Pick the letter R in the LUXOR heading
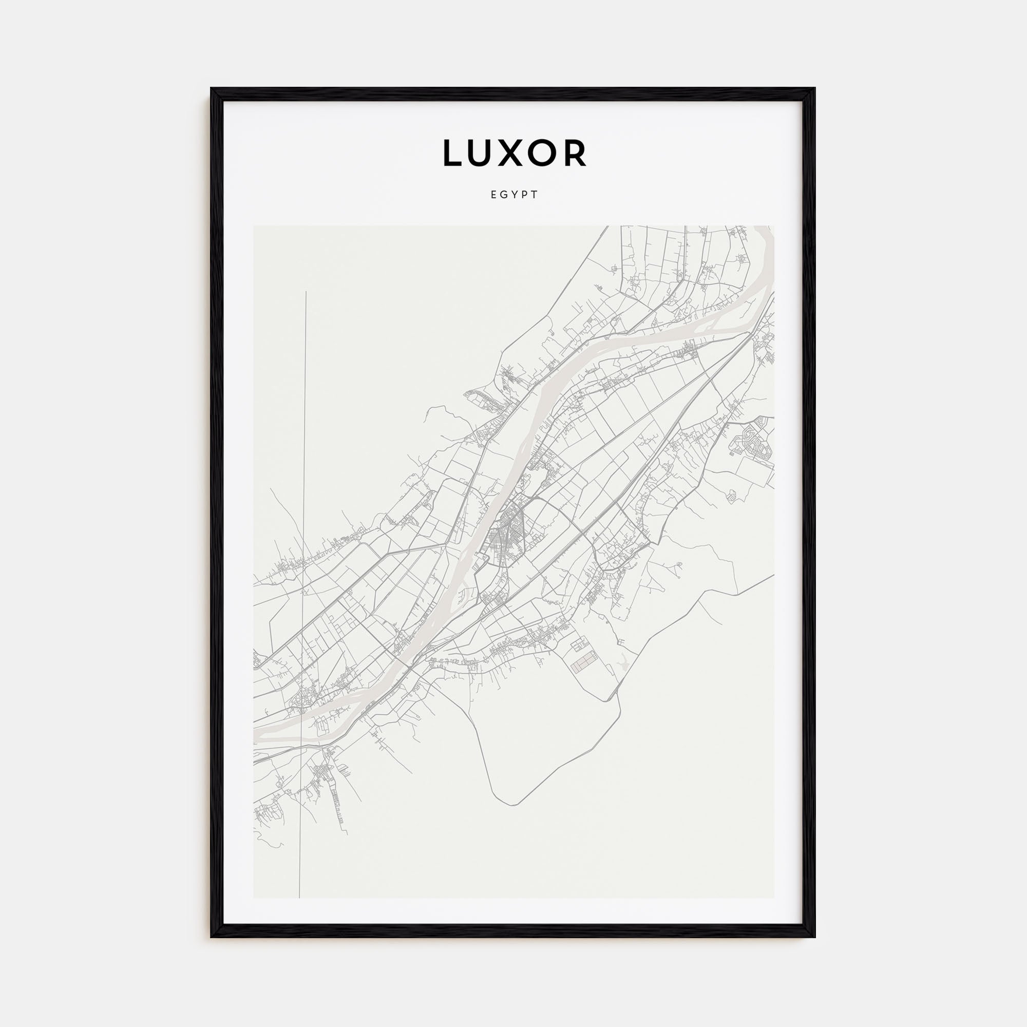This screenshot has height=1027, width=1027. coord(576,153)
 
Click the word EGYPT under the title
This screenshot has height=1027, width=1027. coord(514,195)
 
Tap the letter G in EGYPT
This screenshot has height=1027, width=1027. coord(503,195)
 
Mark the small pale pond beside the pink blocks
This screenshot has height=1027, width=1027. coord(623,663)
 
